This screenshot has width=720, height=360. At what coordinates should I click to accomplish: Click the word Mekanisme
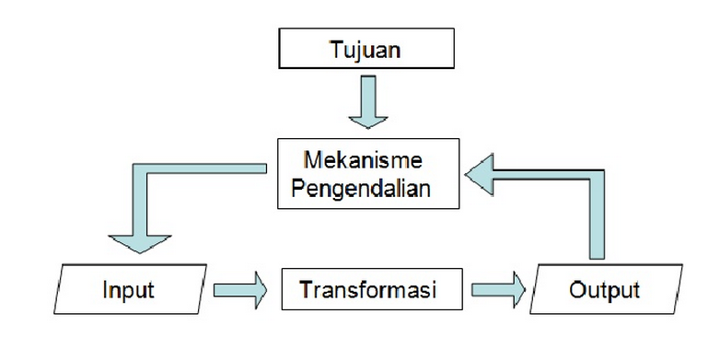(x=366, y=159)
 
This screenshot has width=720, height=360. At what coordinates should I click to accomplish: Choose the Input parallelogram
(x=128, y=291)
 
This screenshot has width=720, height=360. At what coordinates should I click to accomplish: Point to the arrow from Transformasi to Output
(x=498, y=291)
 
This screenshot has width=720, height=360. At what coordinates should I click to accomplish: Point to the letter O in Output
(x=578, y=291)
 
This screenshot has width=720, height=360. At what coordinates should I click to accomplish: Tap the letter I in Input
(x=105, y=291)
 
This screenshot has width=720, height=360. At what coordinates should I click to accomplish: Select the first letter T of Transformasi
(x=306, y=291)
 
